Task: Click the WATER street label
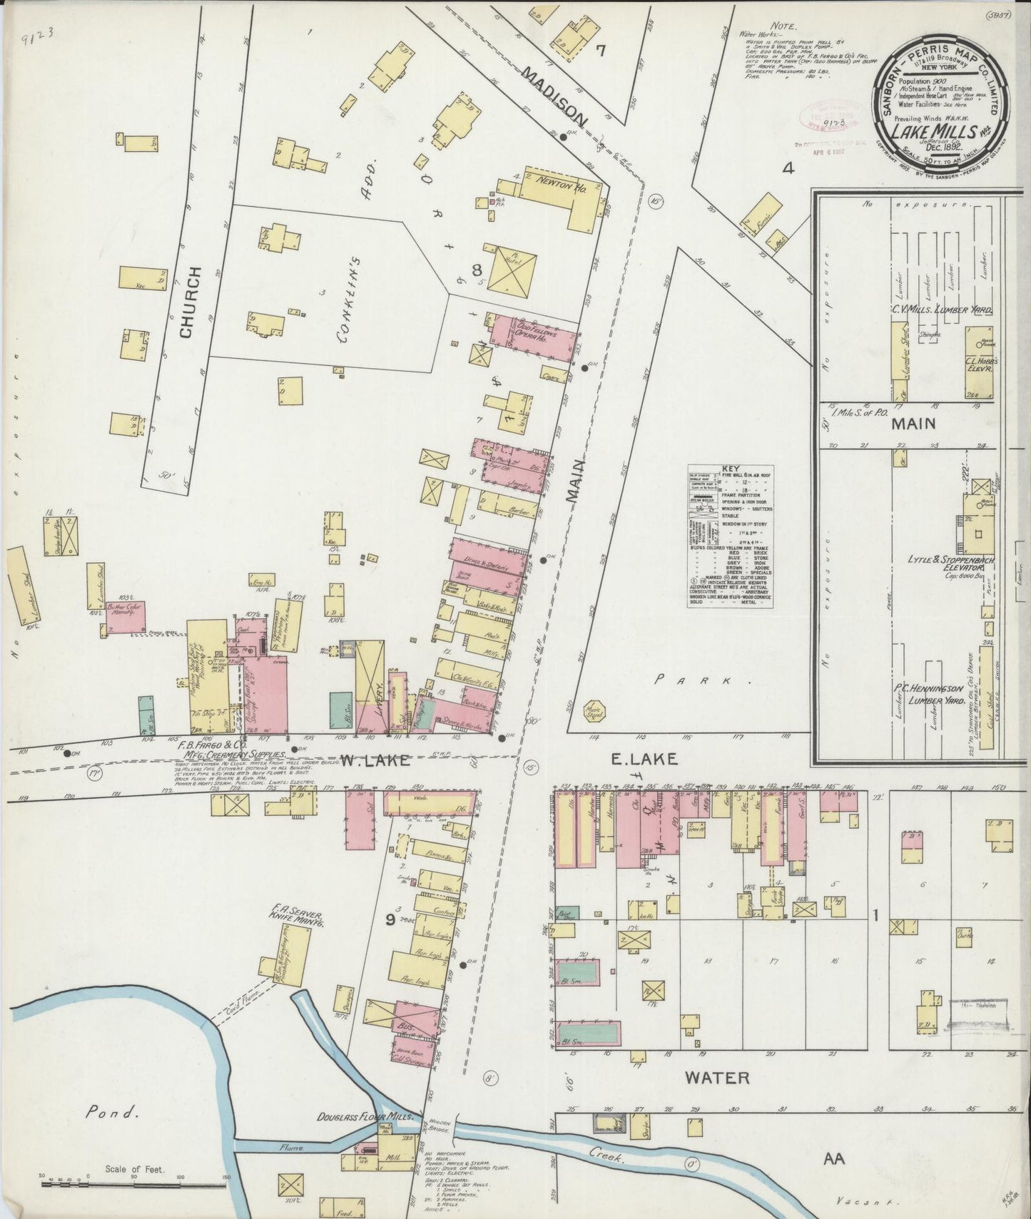[717, 1077]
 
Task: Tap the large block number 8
[477, 270]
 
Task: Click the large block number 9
[390, 919]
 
